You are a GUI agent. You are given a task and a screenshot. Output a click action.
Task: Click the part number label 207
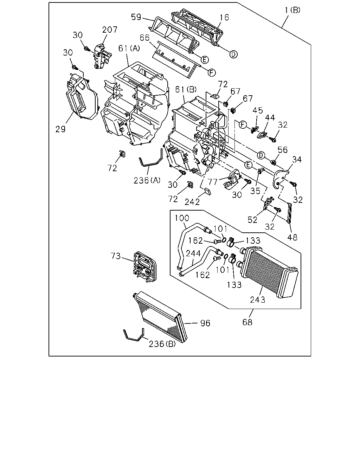[110, 30]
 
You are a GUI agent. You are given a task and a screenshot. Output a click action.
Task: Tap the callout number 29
[60, 129]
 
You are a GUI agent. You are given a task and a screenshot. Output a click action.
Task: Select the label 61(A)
[129, 49]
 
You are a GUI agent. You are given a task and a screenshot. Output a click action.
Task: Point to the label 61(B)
[186, 90]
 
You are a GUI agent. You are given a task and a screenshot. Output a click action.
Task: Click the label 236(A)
[147, 180]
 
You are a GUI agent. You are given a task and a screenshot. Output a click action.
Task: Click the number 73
[116, 256]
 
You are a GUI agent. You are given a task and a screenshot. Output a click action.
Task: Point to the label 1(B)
[292, 10]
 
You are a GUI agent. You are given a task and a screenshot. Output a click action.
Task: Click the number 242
[192, 202]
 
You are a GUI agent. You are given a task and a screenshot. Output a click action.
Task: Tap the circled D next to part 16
[233, 54]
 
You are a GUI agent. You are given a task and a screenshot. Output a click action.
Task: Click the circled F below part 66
[212, 72]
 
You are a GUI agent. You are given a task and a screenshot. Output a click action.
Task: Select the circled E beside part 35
[248, 165]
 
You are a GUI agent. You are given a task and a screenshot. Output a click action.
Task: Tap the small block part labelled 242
[208, 191]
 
